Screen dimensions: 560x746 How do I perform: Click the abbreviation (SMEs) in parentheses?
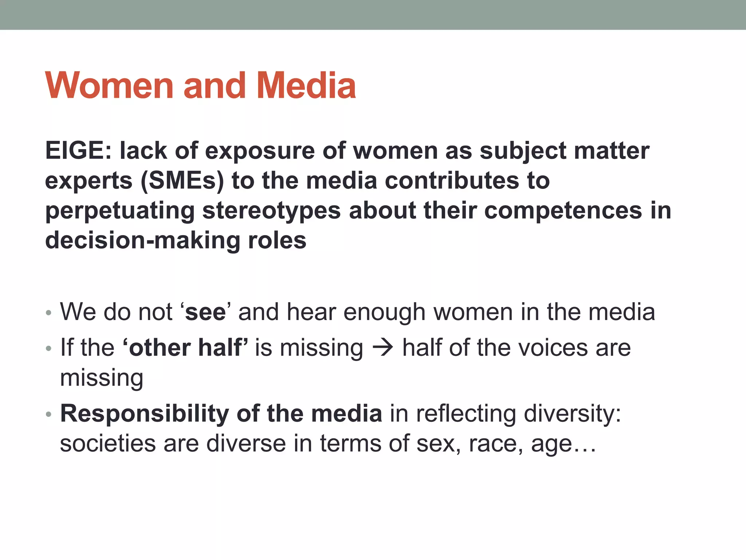(x=182, y=181)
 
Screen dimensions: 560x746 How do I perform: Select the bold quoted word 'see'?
(x=205, y=312)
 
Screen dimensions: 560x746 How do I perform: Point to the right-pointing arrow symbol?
(x=382, y=347)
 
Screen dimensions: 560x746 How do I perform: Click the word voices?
(x=553, y=347)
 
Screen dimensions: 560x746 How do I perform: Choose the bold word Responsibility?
(x=145, y=414)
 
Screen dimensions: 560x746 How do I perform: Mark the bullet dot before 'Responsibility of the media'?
(x=49, y=415)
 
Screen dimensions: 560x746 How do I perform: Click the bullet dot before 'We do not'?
(x=49, y=313)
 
